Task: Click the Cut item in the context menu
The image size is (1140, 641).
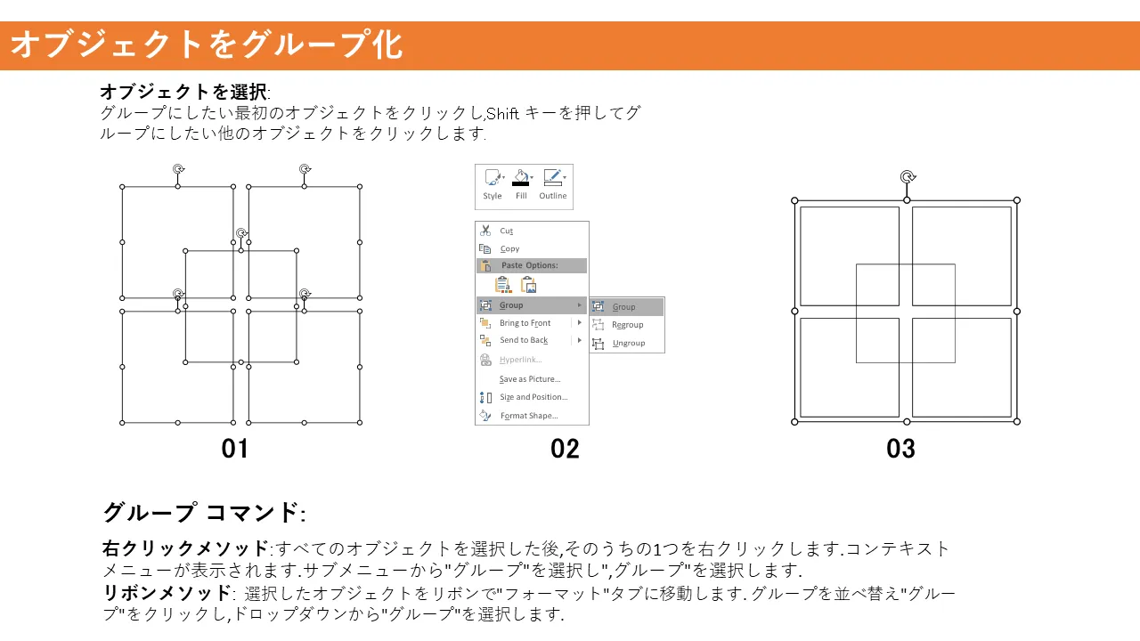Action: pos(506,231)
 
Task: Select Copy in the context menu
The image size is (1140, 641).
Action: pos(509,248)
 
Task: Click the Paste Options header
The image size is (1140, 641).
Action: pos(529,265)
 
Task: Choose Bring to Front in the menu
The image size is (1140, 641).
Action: pos(525,323)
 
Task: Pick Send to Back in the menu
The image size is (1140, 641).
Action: pos(524,340)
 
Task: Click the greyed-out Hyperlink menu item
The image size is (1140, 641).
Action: pos(520,360)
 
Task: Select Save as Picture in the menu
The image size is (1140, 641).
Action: pos(530,379)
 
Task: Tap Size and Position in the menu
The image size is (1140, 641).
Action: pos(533,397)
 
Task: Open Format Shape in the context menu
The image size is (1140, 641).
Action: pos(529,416)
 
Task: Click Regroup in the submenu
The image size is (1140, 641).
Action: pos(628,325)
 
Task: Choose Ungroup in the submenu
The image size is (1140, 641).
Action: pos(629,344)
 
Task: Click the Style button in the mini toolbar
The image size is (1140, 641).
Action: pos(493,184)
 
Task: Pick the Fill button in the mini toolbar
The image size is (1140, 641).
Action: pos(521,184)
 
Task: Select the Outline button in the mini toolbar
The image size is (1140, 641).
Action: pos(553,184)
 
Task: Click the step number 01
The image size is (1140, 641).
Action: pos(234,449)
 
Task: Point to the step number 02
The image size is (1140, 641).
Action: pos(565,449)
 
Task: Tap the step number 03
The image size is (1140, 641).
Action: pos(900,449)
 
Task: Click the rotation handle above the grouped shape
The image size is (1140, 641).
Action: pos(908,177)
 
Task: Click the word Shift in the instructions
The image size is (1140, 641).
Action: pos(502,113)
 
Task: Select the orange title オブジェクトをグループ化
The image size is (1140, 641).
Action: pos(207,45)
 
